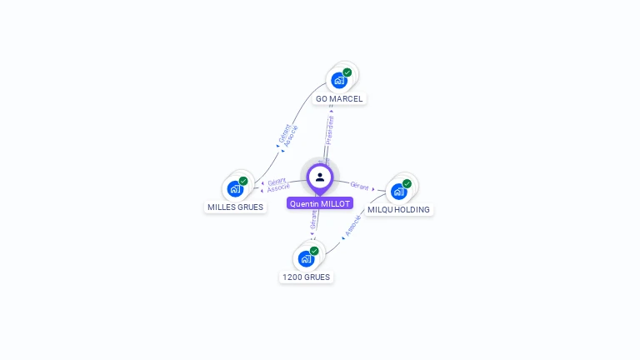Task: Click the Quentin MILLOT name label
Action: [x=319, y=203]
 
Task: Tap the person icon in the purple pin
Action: [x=320, y=177]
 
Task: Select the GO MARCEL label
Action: [x=339, y=98]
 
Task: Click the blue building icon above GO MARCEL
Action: [x=338, y=80]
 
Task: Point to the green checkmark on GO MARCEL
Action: [x=347, y=72]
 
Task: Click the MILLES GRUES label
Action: [x=235, y=207]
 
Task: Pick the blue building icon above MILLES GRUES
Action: [x=235, y=188]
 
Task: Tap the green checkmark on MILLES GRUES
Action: [x=243, y=181]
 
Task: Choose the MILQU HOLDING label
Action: [x=398, y=209]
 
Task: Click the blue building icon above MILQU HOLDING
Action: [x=398, y=191]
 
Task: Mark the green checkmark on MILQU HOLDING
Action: [x=407, y=183]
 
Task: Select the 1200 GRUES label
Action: [x=306, y=277]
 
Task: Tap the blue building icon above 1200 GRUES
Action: [x=306, y=258]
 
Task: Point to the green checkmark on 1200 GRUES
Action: [x=314, y=251]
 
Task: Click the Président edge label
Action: [x=330, y=130]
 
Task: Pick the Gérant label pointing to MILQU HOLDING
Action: [x=360, y=186]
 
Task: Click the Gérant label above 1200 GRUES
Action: [x=313, y=219]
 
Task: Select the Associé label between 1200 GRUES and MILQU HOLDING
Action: [x=353, y=226]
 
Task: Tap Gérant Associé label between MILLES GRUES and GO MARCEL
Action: [x=287, y=136]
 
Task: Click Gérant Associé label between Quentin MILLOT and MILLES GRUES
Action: [x=277, y=184]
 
